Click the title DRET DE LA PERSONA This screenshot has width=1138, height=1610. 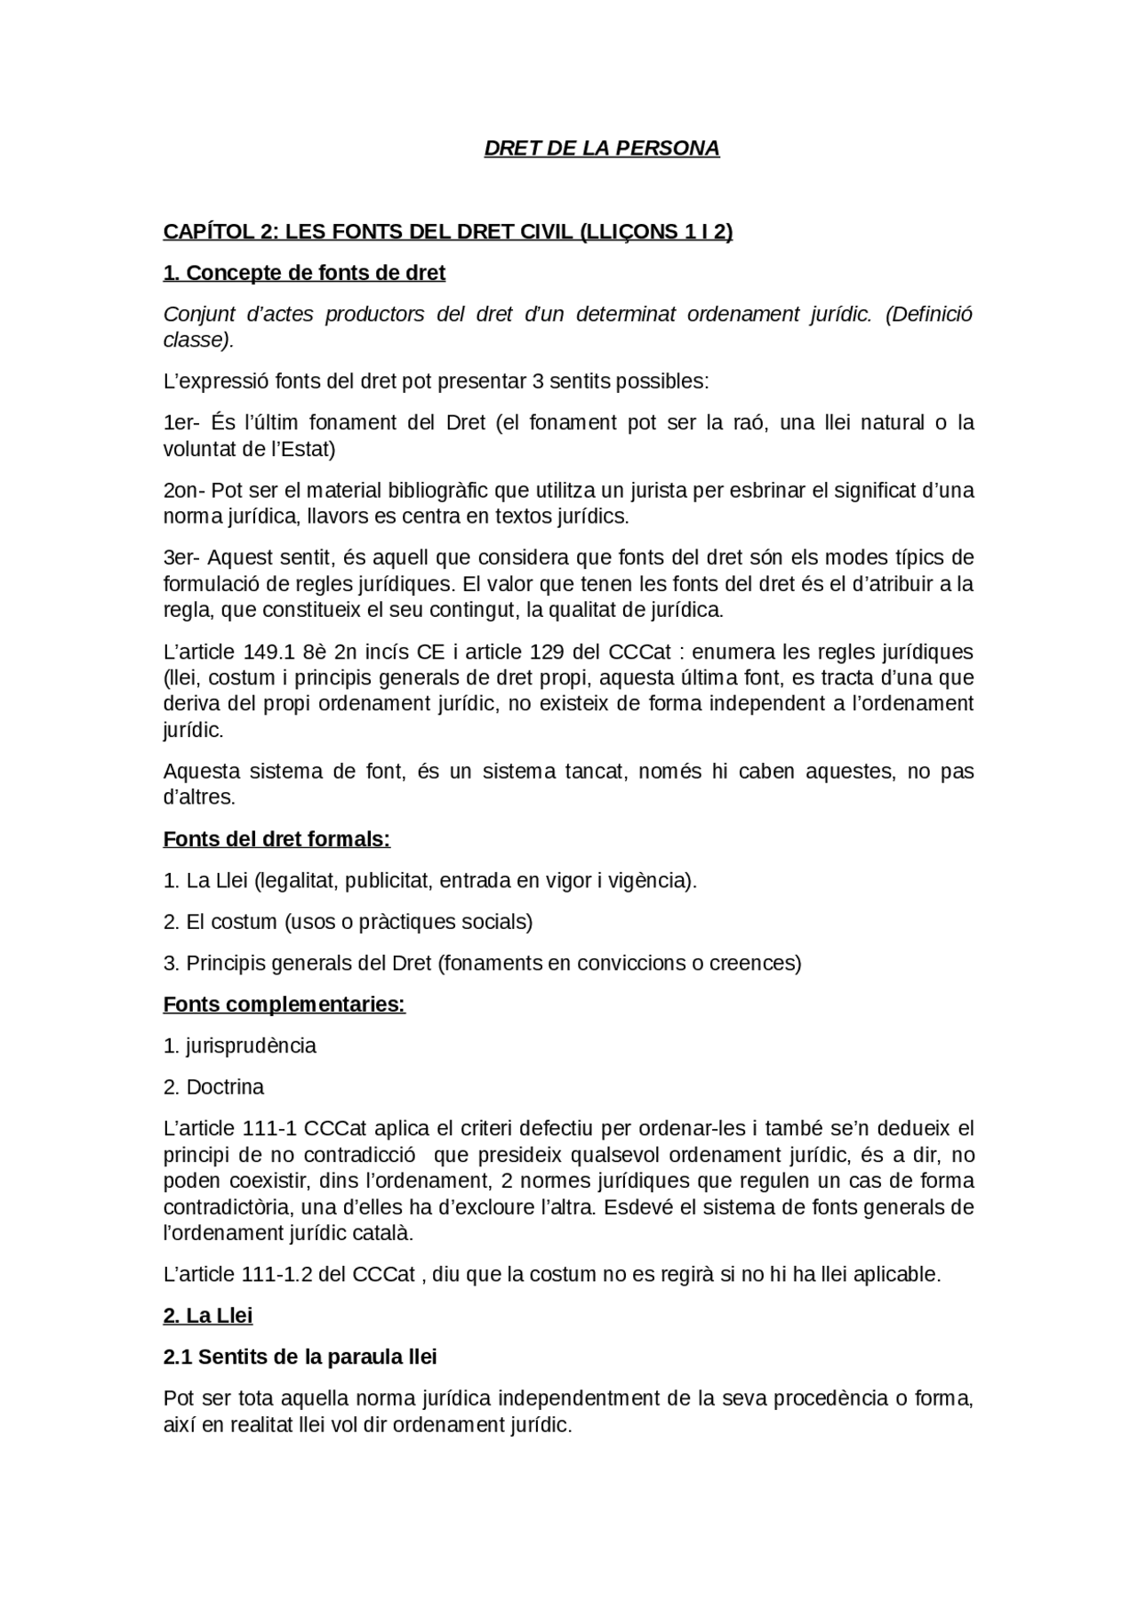click(x=601, y=148)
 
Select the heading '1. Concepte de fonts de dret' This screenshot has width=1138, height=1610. click(x=304, y=273)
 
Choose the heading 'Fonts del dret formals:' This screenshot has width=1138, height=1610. click(x=276, y=839)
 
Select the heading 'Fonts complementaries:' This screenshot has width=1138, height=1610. click(x=284, y=1005)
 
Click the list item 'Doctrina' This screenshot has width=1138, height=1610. click(x=225, y=1087)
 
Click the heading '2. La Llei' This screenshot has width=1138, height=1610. click(x=208, y=1316)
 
